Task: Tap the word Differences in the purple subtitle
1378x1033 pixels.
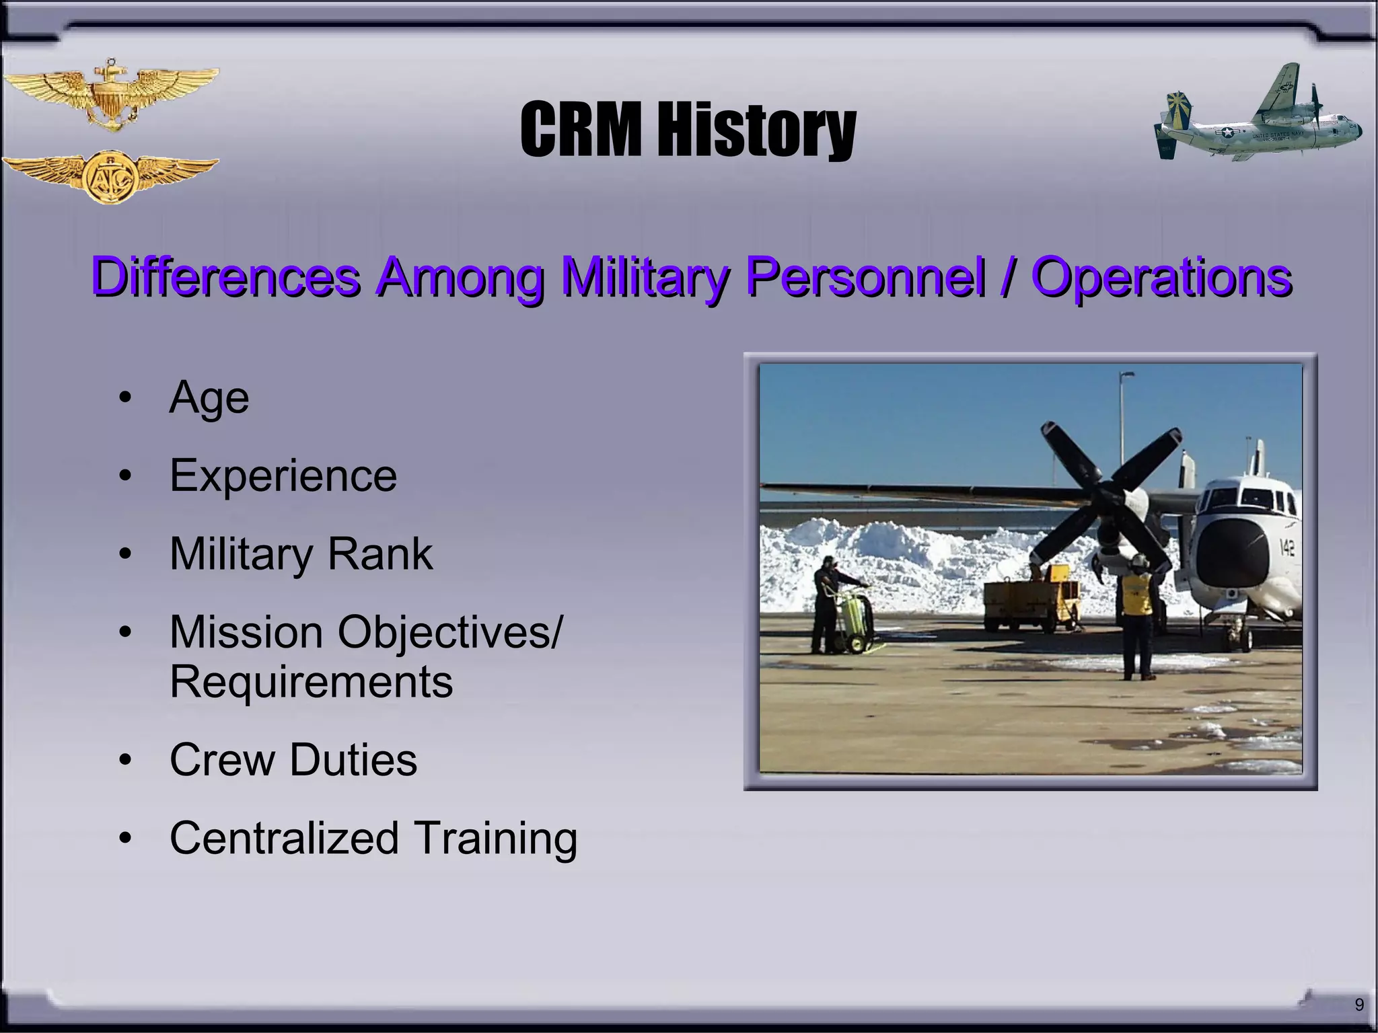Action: (225, 276)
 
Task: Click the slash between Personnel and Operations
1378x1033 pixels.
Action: (1007, 276)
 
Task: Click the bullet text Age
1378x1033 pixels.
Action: (209, 398)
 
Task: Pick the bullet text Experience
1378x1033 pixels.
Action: (283, 475)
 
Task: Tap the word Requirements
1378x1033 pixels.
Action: (311, 681)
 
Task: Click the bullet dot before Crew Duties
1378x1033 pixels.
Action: (125, 761)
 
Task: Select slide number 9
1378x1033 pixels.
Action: (1359, 1005)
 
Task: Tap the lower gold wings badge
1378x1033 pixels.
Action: (110, 177)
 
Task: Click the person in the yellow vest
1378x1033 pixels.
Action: (1136, 615)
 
